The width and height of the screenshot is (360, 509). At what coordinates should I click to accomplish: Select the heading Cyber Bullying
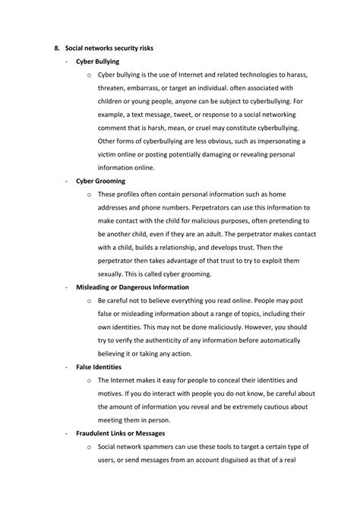pyautogui.click(x=97, y=61)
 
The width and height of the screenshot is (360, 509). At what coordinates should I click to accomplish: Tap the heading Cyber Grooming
pyautogui.click(x=100, y=181)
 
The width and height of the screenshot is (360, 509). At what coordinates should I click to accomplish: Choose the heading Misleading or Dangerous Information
pyautogui.click(x=132, y=287)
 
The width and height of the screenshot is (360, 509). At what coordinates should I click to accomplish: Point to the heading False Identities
pyautogui.click(x=99, y=366)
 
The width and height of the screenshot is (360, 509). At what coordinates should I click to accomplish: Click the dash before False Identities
pyautogui.click(x=68, y=366)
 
